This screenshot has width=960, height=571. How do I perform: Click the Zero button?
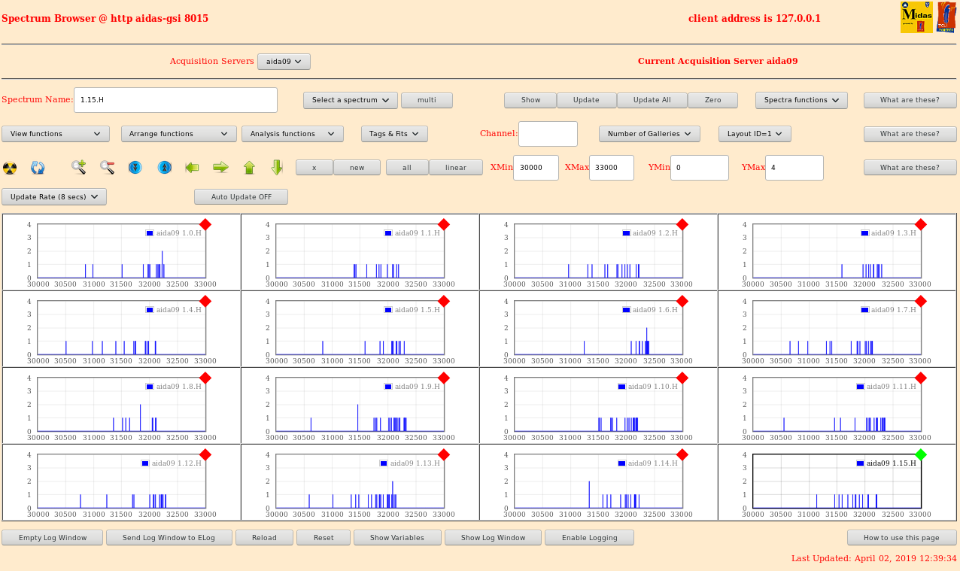(712, 100)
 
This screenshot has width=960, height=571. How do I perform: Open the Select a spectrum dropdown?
(351, 100)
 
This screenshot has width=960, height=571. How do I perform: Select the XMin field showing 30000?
(536, 168)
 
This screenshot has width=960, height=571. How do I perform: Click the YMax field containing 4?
(794, 168)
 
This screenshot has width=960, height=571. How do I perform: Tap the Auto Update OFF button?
(241, 197)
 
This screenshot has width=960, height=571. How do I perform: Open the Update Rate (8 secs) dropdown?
(54, 197)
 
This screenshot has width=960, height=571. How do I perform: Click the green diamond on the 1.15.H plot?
(920, 454)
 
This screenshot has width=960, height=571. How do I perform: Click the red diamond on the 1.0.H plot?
(205, 224)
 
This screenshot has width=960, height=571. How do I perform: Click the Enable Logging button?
(589, 538)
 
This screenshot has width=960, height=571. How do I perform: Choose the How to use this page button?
(901, 538)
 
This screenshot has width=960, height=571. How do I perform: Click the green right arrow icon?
(220, 167)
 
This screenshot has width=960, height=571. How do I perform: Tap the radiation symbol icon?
(10, 168)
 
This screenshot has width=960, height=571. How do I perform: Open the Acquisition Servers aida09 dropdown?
(284, 62)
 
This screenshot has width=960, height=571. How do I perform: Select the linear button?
(456, 168)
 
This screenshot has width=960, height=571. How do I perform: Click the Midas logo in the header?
(916, 17)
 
